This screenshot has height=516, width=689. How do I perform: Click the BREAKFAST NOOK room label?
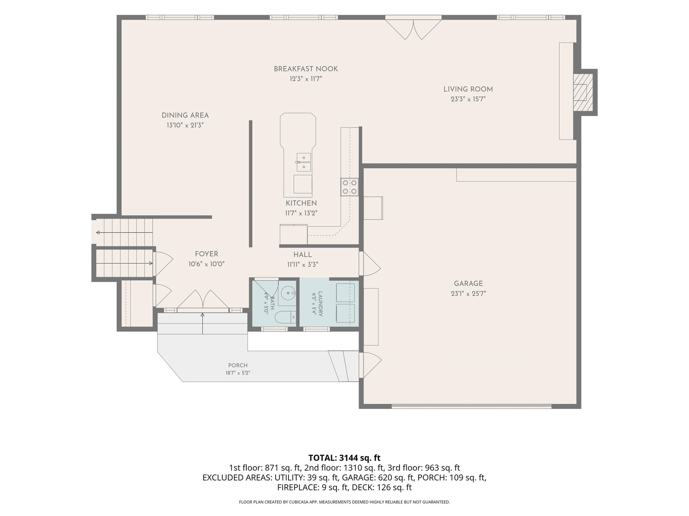pos(305,69)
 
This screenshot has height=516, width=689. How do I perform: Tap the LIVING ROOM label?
pos(468,89)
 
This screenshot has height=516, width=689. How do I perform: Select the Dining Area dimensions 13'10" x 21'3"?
pos(185,125)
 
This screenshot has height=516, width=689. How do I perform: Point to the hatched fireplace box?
pos(583,92)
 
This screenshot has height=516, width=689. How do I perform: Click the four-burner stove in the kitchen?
pos(350,187)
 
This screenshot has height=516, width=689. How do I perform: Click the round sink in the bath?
pos(287,294)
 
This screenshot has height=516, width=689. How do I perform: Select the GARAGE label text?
pos(468,284)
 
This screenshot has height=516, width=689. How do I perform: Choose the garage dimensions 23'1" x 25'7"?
pos(469,294)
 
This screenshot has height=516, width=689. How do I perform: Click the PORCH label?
pos(238,365)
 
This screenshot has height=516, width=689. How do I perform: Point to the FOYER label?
pos(206,254)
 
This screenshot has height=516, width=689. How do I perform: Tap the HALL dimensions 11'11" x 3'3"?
pos(303,265)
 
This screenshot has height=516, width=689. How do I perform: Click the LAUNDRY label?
pos(320,304)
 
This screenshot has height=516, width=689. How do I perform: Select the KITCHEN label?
pos(301,203)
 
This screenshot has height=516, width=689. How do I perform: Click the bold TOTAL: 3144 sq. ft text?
pos(344,458)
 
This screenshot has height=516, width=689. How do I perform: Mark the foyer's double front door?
pos(203,300)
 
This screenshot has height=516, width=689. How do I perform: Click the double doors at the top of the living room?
pos(413,29)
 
